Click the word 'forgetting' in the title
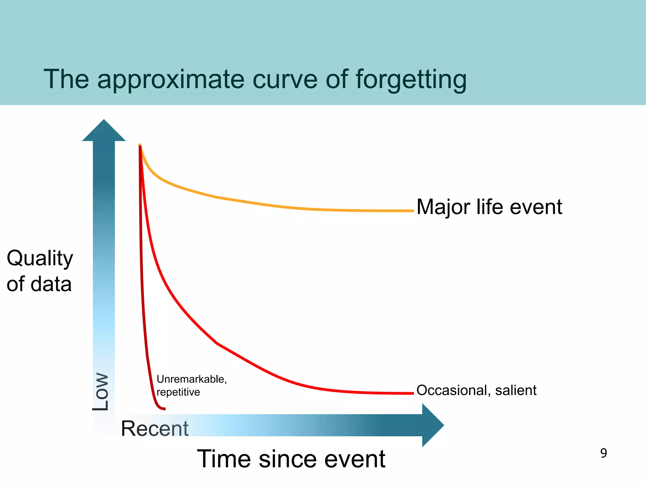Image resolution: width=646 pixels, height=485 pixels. (411, 80)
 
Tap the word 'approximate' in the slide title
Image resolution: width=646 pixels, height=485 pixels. (170, 80)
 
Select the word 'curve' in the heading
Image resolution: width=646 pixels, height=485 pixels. (285, 80)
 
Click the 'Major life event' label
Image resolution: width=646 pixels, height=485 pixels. (489, 207)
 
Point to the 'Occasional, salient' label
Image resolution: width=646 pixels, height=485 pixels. (476, 391)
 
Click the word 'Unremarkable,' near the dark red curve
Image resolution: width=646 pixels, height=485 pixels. (191, 379)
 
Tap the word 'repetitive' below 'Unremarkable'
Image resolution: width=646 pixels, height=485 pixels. (178, 392)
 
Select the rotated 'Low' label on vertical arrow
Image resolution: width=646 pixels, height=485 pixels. (101, 392)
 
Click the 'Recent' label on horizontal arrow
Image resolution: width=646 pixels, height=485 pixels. (155, 428)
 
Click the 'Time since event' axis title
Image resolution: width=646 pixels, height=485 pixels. (291, 459)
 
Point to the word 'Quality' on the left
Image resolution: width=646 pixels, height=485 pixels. (40, 259)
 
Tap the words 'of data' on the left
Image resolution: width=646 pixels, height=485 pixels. (39, 284)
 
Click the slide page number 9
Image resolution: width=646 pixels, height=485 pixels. (603, 453)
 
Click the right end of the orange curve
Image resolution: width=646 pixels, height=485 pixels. (412, 211)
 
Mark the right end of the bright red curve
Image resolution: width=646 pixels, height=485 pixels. (412, 393)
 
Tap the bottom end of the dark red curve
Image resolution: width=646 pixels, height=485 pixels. (164, 409)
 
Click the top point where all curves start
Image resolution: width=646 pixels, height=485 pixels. (140, 145)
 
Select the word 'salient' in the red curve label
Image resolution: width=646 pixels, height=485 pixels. (516, 391)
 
